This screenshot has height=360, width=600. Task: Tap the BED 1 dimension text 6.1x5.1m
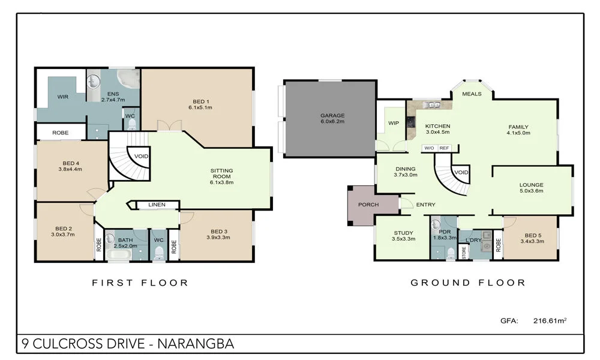201,107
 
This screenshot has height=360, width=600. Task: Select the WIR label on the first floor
63,97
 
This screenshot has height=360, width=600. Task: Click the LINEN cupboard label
157,205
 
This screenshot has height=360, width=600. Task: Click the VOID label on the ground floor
461,172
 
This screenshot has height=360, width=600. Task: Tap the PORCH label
368,205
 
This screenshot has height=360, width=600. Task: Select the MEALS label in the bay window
472,94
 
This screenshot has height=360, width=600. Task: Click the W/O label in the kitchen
429,148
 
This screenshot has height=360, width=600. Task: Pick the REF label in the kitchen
444,148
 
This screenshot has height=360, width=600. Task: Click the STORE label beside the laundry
464,253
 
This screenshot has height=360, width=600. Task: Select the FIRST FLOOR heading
140,283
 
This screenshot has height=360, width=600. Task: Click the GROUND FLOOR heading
468,283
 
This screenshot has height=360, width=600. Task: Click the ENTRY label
425,205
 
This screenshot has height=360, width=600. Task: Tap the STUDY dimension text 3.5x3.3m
404,239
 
